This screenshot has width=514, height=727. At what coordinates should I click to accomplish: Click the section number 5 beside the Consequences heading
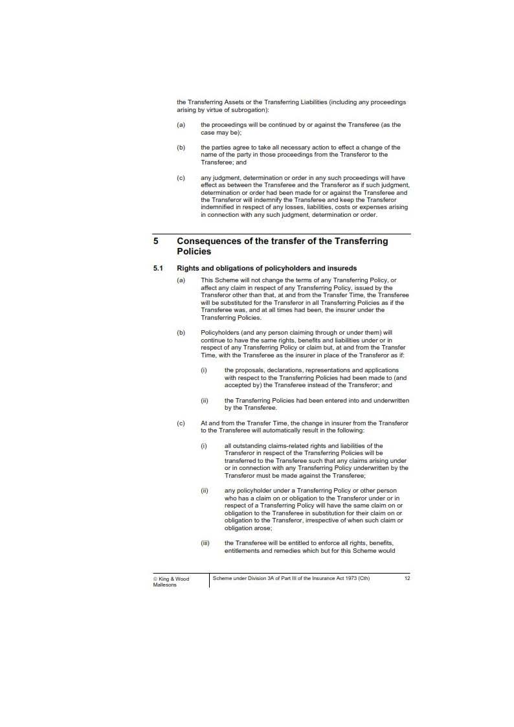pos(156,241)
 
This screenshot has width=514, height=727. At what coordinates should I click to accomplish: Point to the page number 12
pos(407,578)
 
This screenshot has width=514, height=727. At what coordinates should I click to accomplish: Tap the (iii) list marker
pos(205,542)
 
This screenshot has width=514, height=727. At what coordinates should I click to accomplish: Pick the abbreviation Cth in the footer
pos(363,578)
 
